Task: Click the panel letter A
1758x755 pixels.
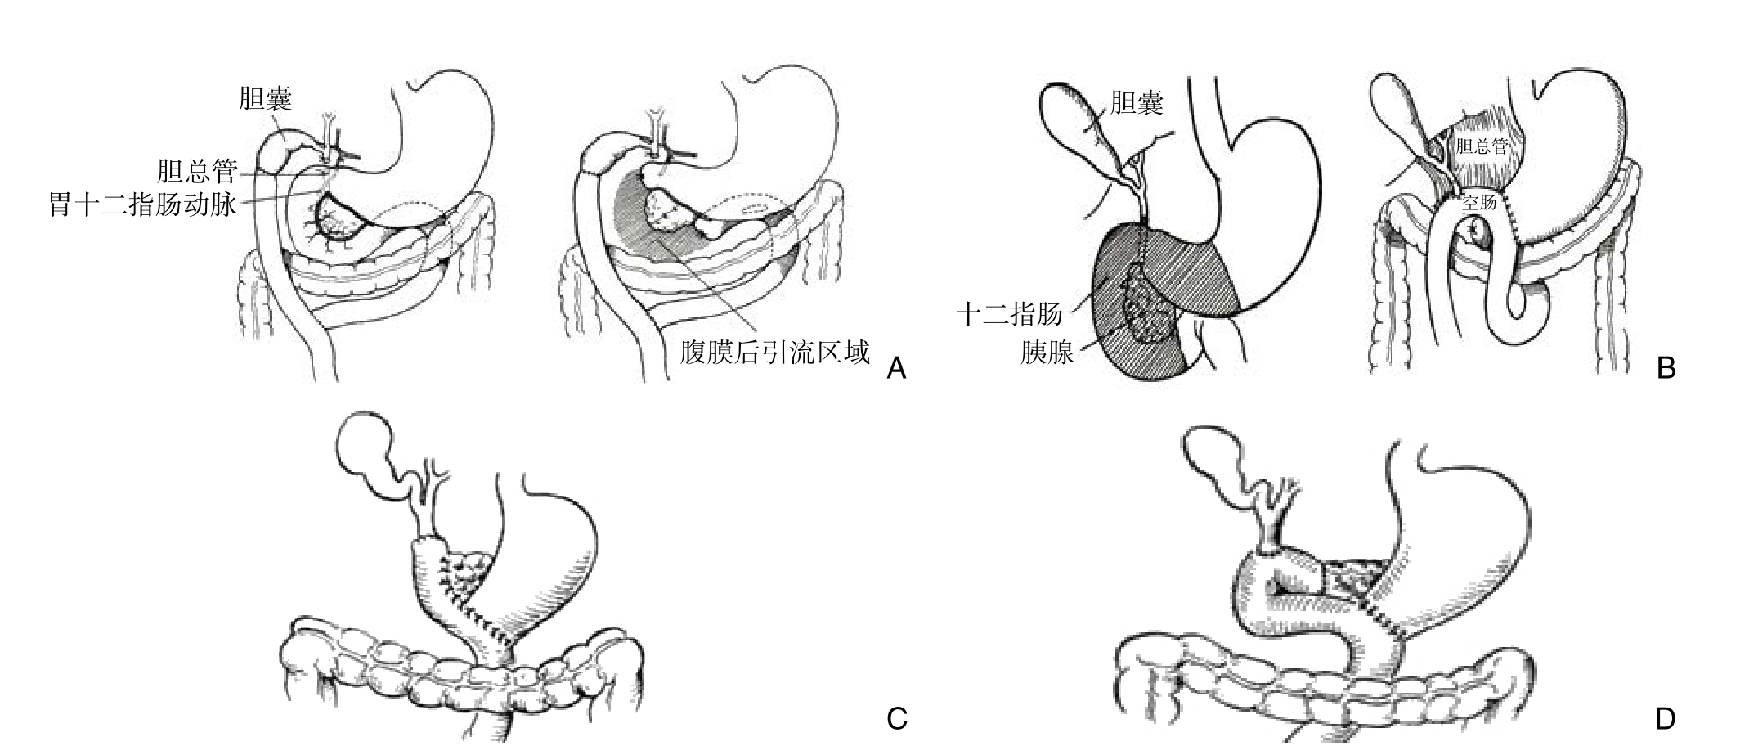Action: (x=896, y=368)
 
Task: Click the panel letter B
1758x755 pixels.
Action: (x=1666, y=368)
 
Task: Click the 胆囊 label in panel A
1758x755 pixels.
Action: (x=265, y=98)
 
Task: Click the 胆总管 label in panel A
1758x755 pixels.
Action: (x=197, y=172)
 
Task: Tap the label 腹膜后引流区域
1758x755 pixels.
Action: (x=774, y=353)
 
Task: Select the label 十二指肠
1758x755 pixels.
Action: (x=1010, y=313)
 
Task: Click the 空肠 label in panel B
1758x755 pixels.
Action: (x=1479, y=201)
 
